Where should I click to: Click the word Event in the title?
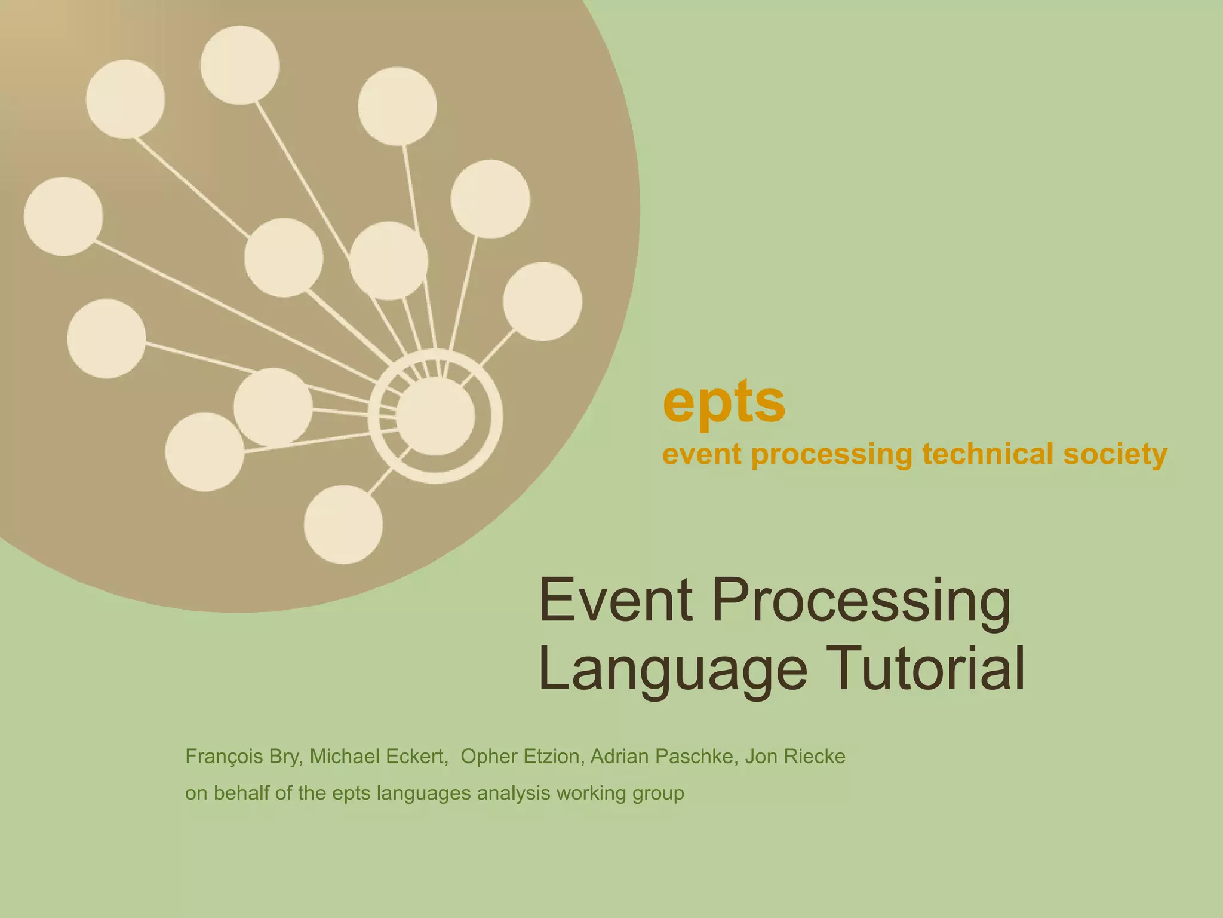pyautogui.click(x=616, y=599)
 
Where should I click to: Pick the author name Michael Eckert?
pyautogui.click(x=378, y=757)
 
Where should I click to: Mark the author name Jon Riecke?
pyautogui.click(x=795, y=757)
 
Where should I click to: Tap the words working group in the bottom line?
pyautogui.click(x=620, y=794)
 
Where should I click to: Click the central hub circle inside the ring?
pyautogui.click(x=435, y=417)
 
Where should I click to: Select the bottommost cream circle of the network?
pyautogui.click(x=343, y=524)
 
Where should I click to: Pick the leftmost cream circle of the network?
pyautogui.click(x=63, y=216)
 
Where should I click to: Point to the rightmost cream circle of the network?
pyautogui.click(x=542, y=302)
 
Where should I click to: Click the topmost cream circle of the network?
pyautogui.click(x=239, y=65)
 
